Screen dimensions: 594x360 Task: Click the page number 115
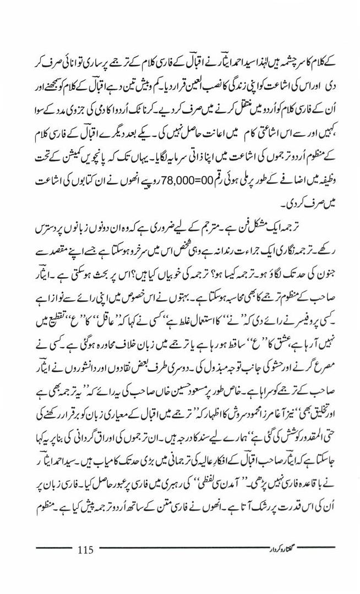(87, 549)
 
